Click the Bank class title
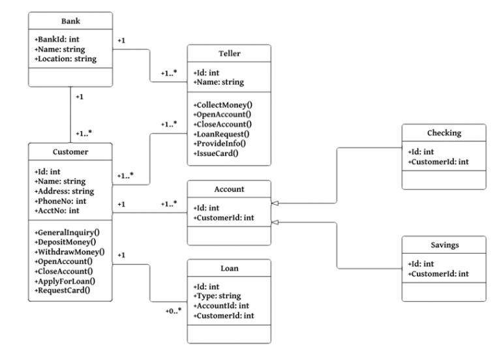(70, 21)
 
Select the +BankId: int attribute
(57, 39)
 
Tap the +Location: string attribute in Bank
(65, 59)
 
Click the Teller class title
(230, 53)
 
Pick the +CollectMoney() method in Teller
(222, 105)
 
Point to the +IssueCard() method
(216, 153)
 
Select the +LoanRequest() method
(221, 134)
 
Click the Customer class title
(70, 152)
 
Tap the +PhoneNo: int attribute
(61, 201)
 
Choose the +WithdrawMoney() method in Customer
(69, 252)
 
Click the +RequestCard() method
(63, 290)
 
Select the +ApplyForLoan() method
(65, 281)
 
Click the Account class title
(229, 189)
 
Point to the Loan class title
(230, 268)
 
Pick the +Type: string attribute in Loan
(217, 296)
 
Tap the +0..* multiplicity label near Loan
(174, 311)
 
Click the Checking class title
(444, 133)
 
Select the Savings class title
(445, 245)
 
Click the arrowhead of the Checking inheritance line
(275, 203)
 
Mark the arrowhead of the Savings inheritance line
(275, 222)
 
